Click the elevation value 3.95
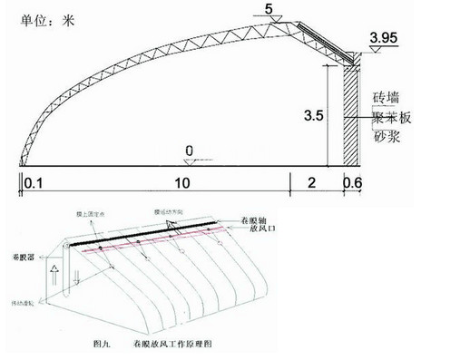pyautogui.click(x=384, y=38)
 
